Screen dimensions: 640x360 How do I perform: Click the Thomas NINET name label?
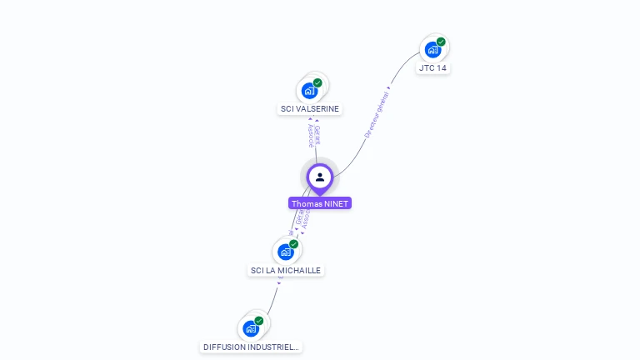point(320,203)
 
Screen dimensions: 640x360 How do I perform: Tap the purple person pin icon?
point(320,177)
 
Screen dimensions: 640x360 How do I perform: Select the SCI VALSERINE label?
point(310,109)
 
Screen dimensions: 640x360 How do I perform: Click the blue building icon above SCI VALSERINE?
point(309,91)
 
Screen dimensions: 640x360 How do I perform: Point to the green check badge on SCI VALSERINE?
point(317,82)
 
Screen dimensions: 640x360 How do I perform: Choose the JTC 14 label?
point(433,67)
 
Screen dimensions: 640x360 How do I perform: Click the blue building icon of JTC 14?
point(432,50)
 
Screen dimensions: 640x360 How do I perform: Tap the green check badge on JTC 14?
point(441,42)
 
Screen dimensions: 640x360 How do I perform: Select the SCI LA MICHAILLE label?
point(286,270)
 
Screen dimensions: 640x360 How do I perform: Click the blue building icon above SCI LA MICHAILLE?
point(286,252)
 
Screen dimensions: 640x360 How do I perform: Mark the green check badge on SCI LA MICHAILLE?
point(293,244)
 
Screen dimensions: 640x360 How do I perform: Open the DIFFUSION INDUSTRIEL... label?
point(251,347)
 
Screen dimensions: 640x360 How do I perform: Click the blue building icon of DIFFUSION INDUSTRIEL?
point(250,328)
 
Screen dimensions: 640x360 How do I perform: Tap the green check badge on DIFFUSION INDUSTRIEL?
point(258,321)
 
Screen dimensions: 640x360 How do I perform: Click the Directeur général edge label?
point(376,115)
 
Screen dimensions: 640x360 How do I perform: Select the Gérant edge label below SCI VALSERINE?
point(317,134)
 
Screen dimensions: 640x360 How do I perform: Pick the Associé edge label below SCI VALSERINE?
point(310,136)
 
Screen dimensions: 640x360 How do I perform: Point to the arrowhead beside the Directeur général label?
point(389,86)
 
